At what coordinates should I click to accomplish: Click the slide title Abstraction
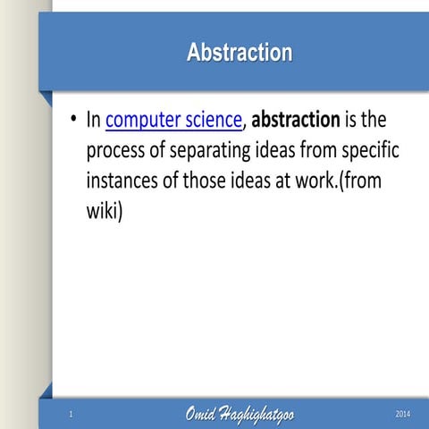[239, 53]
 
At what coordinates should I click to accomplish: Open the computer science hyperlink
[173, 120]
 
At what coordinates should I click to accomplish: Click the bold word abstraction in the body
[296, 120]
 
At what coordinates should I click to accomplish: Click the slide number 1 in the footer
[71, 414]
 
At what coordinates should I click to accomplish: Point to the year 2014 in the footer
[403, 414]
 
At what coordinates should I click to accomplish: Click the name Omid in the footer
[202, 414]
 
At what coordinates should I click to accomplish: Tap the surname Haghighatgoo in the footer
[259, 415]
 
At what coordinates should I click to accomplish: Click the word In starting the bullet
[94, 120]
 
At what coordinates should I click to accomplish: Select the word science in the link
[211, 120]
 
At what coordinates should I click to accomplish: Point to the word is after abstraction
[353, 120]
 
